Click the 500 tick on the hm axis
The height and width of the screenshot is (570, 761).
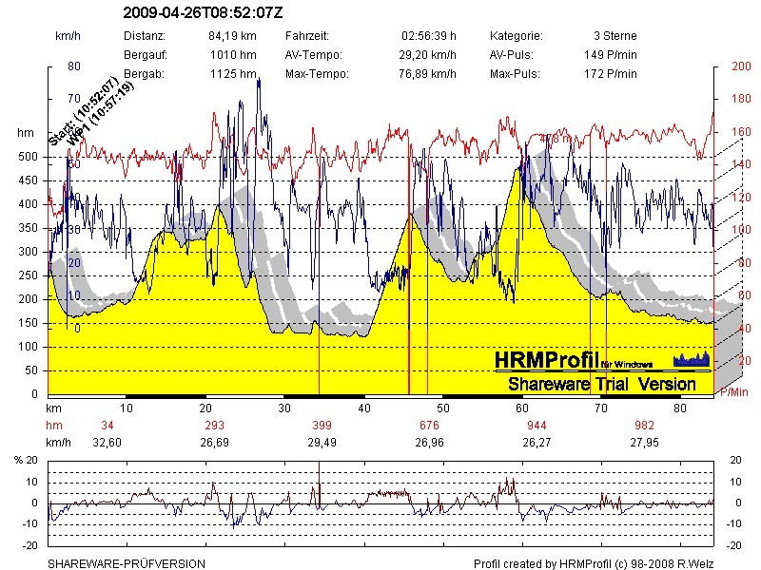coord(29,157)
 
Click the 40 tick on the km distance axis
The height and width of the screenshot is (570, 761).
coord(364,407)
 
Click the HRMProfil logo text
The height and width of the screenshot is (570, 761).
coord(547,360)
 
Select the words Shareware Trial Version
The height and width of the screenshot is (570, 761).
coord(601,384)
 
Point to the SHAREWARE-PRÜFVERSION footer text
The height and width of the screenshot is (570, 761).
coord(127,563)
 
